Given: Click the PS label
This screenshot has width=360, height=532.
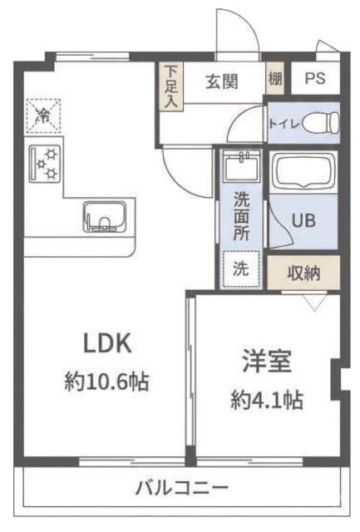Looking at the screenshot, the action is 315,78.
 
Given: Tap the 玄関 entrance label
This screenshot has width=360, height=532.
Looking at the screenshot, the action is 222,81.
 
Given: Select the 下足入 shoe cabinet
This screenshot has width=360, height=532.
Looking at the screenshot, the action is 171,86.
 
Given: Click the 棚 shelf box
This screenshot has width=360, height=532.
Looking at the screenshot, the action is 275,79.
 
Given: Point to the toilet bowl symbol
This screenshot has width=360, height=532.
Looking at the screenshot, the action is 320,123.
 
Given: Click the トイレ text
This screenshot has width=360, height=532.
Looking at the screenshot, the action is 284,124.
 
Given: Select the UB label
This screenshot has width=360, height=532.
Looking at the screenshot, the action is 303,220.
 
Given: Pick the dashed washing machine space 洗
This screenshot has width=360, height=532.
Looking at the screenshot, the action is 241,269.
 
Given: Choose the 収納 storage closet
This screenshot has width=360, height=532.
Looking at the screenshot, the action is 303,273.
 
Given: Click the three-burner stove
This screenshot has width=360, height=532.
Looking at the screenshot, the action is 45,164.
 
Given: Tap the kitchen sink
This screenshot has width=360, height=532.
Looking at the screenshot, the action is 105,217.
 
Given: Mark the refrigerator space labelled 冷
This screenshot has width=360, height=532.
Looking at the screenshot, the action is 43,116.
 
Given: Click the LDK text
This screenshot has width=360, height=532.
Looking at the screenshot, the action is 107,343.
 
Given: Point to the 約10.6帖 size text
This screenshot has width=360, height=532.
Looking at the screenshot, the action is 107,382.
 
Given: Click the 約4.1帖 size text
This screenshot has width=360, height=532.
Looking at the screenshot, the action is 267,401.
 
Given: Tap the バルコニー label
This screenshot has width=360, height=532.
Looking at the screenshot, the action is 182,489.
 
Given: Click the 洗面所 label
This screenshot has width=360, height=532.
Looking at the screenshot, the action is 241,217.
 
